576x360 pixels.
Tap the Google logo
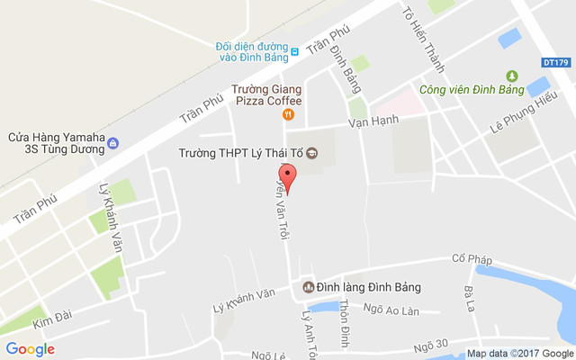pyautogui.click(x=30, y=349)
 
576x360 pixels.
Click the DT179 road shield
pyautogui.click(x=556, y=62)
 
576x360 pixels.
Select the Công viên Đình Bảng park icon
pyautogui.click(x=512, y=76)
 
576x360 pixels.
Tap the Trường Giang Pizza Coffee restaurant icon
pyautogui.click(x=288, y=114)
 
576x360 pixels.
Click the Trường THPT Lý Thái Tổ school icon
pyautogui.click(x=312, y=152)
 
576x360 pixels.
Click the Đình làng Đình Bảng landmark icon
pyautogui.click(x=307, y=288)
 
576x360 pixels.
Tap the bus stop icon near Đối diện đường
pyautogui.click(x=294, y=47)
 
